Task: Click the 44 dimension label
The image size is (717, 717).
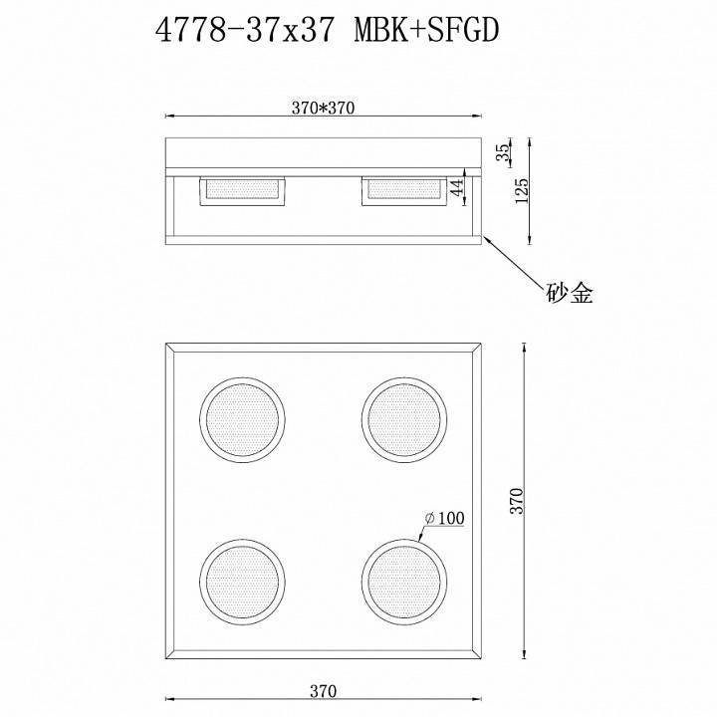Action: (458, 190)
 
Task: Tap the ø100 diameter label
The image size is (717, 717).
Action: (444, 518)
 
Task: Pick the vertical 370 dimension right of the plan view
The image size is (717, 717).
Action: (516, 501)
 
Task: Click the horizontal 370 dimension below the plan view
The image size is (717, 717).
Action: (323, 689)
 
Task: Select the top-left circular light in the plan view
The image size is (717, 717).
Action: (243, 415)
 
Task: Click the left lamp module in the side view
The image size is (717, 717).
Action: (243, 191)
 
